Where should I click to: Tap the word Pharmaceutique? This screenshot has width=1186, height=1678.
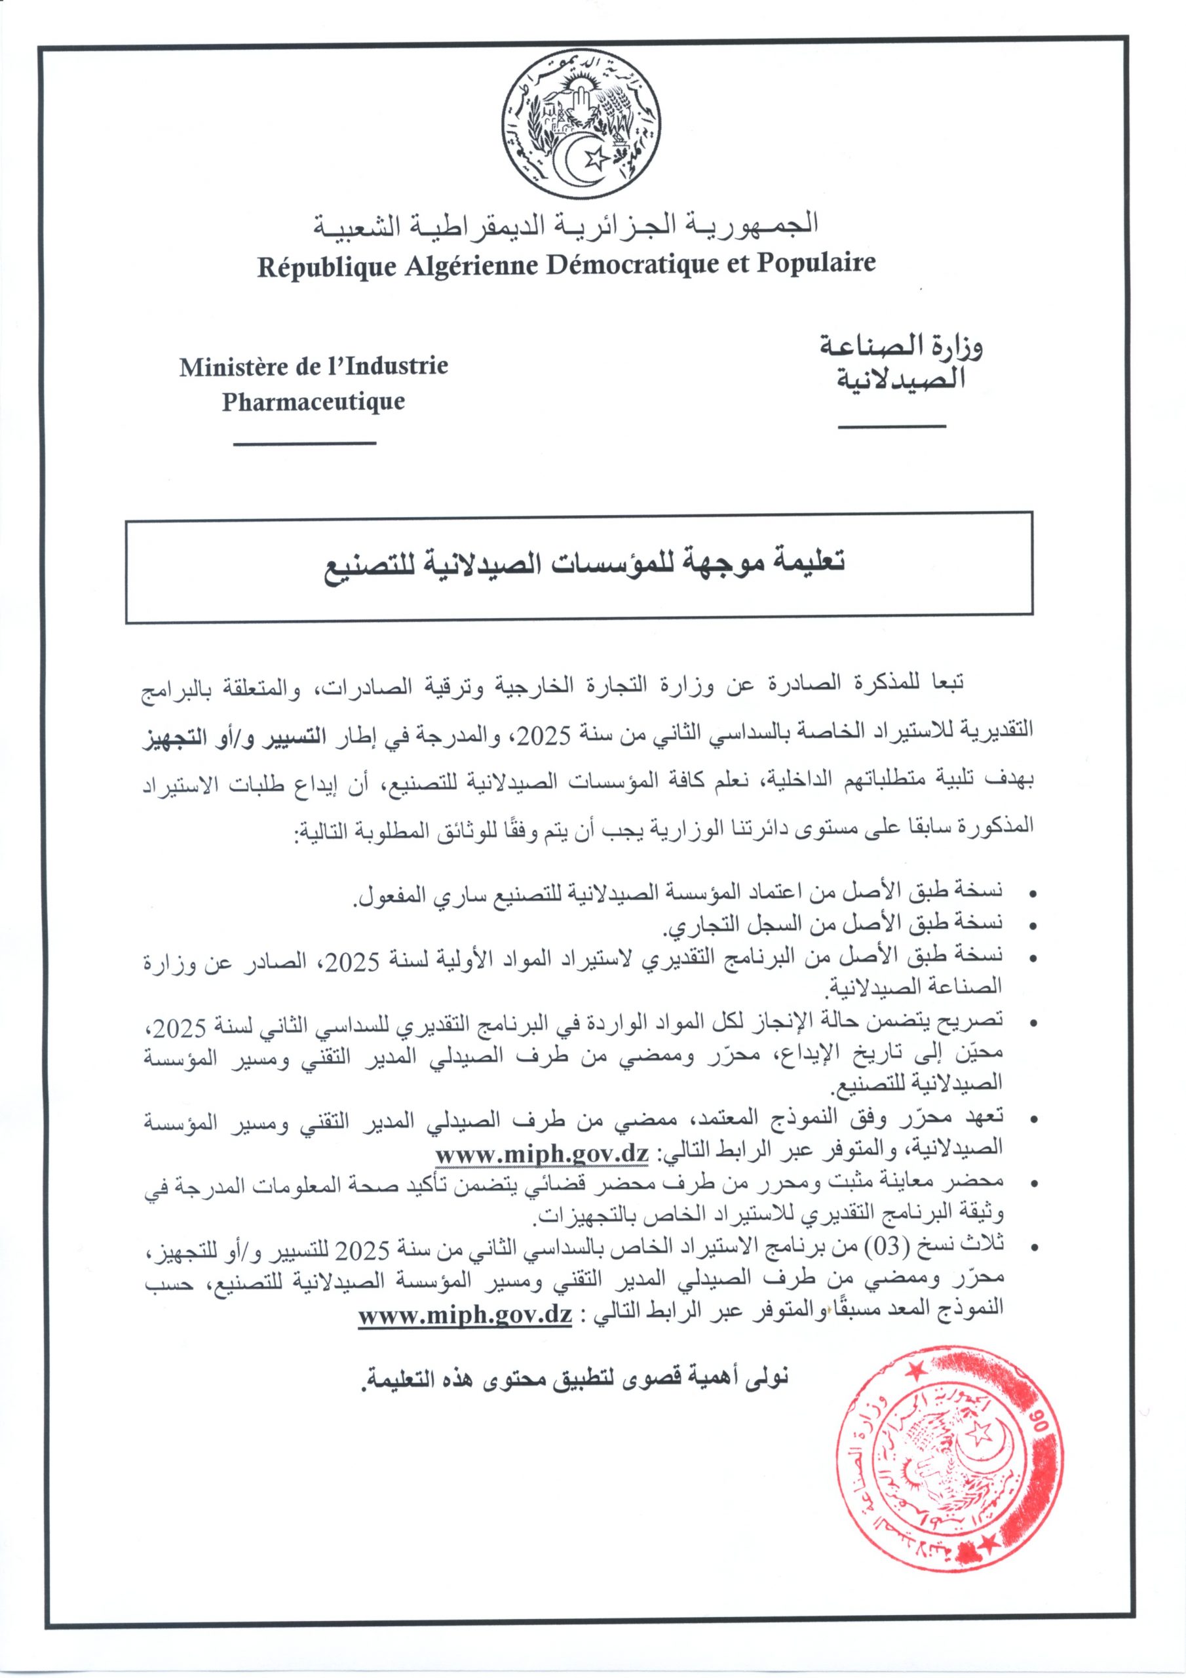click(x=313, y=402)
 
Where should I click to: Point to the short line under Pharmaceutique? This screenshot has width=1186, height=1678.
click(x=305, y=444)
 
